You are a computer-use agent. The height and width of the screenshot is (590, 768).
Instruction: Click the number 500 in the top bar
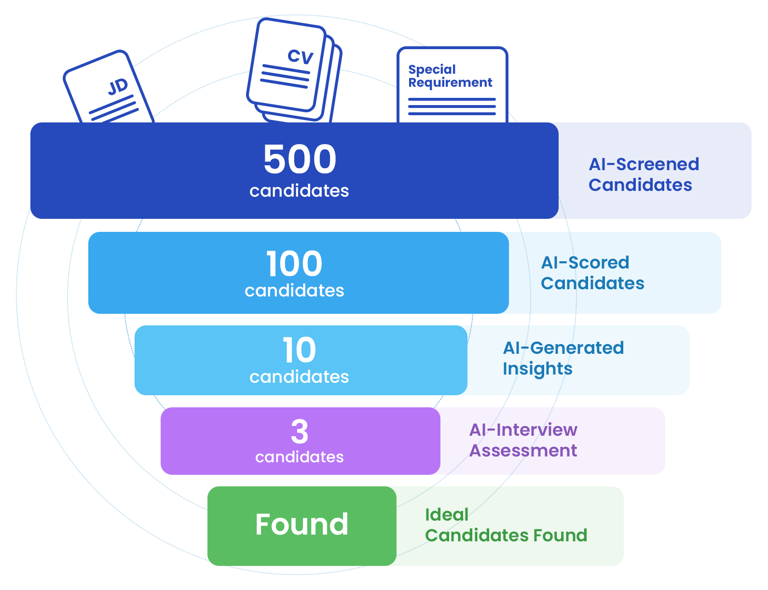(x=300, y=159)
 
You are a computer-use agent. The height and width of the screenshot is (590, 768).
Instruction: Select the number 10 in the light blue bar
(x=299, y=350)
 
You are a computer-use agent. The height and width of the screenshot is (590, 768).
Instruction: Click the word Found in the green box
(x=302, y=524)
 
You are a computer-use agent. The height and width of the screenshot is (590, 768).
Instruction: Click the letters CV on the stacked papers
(x=301, y=56)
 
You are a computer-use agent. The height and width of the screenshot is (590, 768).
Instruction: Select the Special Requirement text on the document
(x=450, y=76)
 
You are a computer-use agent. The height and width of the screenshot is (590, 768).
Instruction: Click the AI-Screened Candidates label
(x=644, y=174)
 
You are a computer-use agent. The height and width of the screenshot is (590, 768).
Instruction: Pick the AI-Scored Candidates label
(x=592, y=272)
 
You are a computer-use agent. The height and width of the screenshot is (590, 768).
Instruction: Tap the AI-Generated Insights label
(x=563, y=358)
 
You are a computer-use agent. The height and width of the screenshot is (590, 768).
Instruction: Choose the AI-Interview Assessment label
(x=523, y=440)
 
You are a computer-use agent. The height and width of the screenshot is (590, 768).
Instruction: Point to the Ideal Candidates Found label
(x=506, y=525)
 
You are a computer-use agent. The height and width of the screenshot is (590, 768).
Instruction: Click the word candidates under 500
(x=299, y=191)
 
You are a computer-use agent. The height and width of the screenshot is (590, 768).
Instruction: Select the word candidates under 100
(x=294, y=291)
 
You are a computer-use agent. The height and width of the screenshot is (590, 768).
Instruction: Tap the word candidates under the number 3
(x=300, y=457)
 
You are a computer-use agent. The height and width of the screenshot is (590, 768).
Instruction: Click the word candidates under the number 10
(x=299, y=377)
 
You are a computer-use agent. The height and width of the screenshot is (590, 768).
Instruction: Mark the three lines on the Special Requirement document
(x=452, y=107)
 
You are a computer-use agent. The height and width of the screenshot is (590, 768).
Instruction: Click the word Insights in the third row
(x=537, y=369)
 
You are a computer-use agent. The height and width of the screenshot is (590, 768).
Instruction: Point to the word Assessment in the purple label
(x=523, y=451)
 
